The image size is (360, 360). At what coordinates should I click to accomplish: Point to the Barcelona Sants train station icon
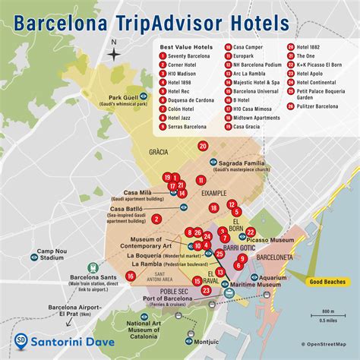coord(93,268)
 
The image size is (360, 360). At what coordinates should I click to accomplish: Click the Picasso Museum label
coord(271,240)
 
